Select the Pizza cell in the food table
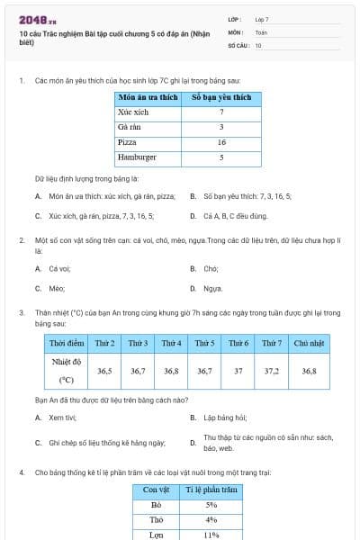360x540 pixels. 127,143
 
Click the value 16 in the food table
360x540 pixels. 221,143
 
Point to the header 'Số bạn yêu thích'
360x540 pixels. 221,97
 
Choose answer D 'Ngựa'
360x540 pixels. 212,288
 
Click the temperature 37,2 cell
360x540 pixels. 271,370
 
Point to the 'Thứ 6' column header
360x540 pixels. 238,343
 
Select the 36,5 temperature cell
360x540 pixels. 104,370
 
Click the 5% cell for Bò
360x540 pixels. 211,505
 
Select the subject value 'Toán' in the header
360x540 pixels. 261,31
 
